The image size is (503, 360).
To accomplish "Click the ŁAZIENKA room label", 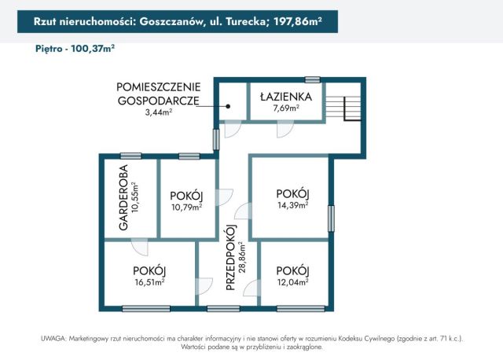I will pos(286,97).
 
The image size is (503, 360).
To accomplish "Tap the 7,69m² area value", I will pos(286,108).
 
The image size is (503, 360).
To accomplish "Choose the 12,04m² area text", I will pos(292,281).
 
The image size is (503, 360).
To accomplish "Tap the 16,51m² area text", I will pos(149,282).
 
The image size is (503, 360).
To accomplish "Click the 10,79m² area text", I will pos(186,208).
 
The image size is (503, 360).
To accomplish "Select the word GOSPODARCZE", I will pos(158,100).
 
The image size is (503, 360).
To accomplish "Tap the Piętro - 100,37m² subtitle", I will pos(75,48).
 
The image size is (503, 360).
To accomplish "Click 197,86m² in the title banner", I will pos(298,22).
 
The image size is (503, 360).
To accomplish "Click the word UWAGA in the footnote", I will pos(55,337).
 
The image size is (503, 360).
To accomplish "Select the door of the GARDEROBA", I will pos(140,247).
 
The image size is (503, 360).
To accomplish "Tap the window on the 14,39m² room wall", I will pos(331,216).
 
